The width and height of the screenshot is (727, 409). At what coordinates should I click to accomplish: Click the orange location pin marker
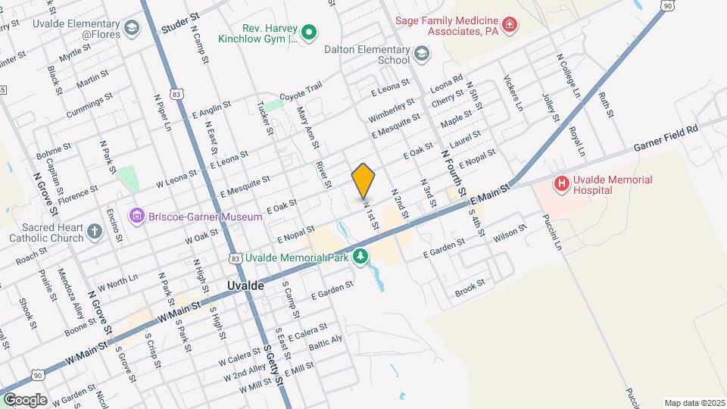363,180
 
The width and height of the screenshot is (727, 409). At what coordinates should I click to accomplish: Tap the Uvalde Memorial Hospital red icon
561,183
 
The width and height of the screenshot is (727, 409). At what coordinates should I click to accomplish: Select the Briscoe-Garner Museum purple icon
137,217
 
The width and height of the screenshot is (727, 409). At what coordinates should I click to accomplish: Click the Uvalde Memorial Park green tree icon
362,258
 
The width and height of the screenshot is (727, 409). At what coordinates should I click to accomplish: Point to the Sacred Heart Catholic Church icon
94,231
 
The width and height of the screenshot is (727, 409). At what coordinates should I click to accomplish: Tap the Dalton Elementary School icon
421,54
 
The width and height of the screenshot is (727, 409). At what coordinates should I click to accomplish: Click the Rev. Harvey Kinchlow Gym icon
308,33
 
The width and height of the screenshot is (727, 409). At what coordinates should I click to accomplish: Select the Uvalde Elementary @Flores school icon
133,29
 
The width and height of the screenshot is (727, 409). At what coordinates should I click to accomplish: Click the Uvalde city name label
245,286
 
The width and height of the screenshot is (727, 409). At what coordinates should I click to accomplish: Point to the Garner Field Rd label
666,130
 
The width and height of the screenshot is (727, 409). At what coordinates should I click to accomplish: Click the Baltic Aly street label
326,342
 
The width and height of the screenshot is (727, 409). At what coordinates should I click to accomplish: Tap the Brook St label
470,290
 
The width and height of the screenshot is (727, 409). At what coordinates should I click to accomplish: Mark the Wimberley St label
392,111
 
